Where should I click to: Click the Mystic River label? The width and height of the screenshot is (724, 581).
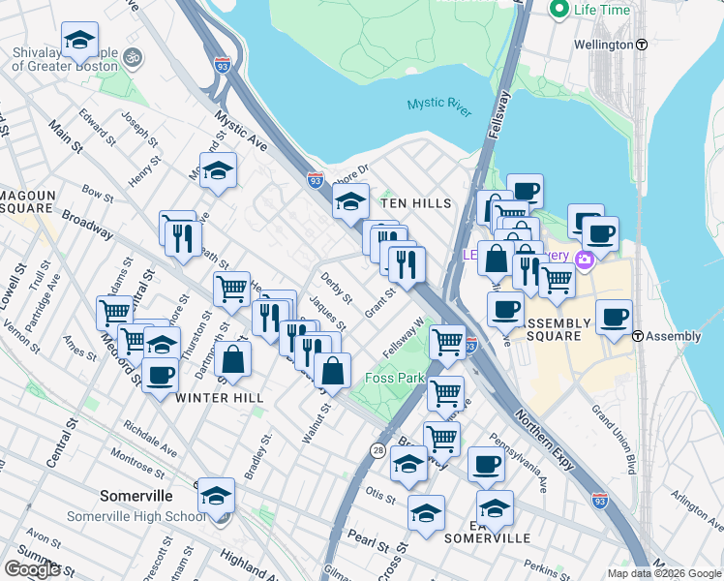click(438, 107)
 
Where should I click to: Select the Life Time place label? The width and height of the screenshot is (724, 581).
click(601, 10)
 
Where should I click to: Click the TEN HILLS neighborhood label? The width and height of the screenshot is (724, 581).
click(416, 203)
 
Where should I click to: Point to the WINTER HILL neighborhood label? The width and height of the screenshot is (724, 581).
click(220, 397)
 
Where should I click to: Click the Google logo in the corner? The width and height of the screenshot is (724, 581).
click(32, 569)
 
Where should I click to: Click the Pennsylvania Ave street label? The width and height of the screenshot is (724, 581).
click(519, 469)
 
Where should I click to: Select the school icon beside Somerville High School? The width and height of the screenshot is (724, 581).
click(217, 495)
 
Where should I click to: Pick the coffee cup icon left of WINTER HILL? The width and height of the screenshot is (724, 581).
click(161, 374)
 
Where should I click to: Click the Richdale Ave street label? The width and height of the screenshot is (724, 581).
click(150, 439)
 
